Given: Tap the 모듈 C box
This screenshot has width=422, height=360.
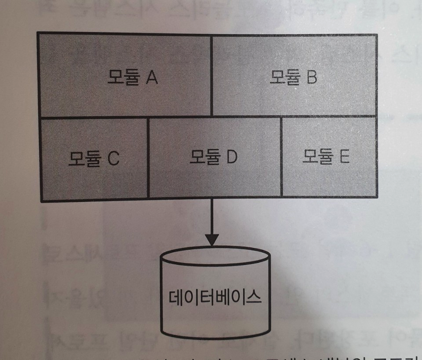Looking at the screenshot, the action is point(94,158).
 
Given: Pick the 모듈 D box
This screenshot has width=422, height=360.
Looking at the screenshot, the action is point(215,158).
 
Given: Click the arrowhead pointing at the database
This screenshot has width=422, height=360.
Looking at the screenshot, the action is point(212,239).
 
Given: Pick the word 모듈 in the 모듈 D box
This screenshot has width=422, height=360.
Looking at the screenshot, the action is point(204,157).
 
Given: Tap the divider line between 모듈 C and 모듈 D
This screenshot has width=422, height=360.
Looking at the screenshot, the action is point(148,158).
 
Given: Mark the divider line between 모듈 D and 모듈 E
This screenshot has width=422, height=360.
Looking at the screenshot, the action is point(281,158).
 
